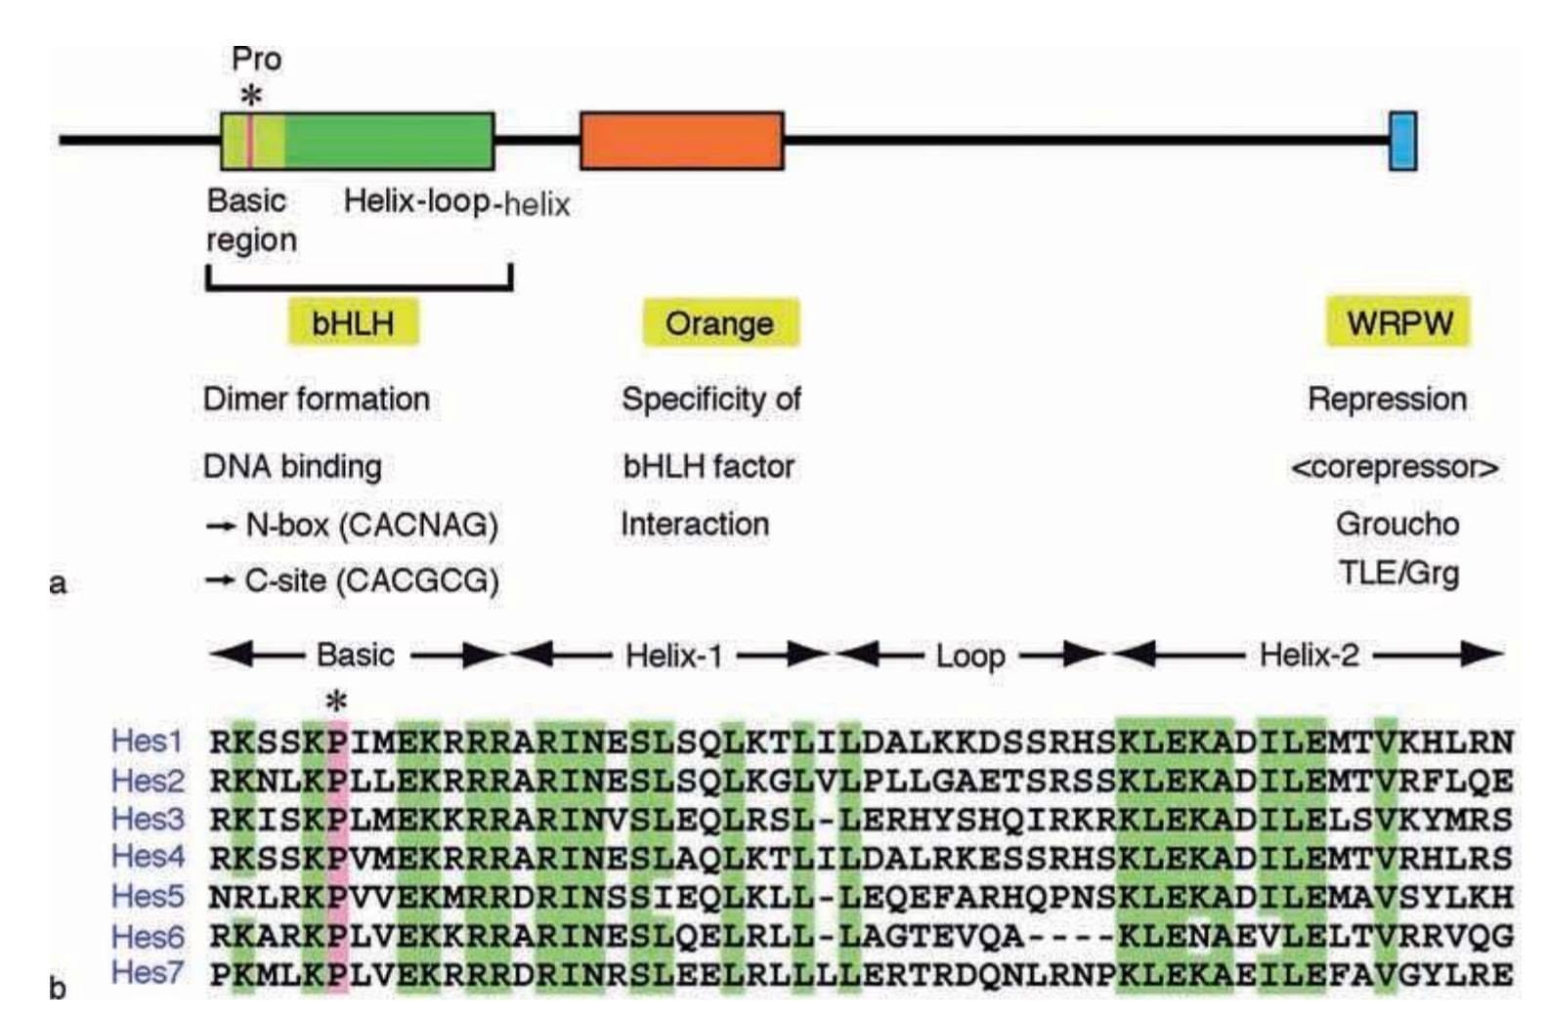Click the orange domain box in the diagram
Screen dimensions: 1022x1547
681,142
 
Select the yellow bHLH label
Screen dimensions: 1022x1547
353,323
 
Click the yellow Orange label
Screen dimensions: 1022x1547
720,323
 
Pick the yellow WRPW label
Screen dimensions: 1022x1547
1398,322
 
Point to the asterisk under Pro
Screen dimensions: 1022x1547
252,96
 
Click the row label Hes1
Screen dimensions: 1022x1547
147,741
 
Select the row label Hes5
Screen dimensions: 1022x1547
147,895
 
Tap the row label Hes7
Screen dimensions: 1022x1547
147,972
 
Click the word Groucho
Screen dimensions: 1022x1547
1397,524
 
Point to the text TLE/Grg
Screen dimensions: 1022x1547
1398,572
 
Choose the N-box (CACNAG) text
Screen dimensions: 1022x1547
371,526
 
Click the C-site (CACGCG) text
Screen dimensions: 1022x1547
371,581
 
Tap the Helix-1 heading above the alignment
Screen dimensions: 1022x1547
673,655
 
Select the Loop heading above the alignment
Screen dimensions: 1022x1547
969,656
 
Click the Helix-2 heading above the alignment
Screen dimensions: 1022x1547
1309,655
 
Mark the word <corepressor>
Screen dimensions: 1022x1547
1395,467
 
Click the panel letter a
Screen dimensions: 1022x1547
58,584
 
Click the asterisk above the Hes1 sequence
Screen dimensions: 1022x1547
336,702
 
